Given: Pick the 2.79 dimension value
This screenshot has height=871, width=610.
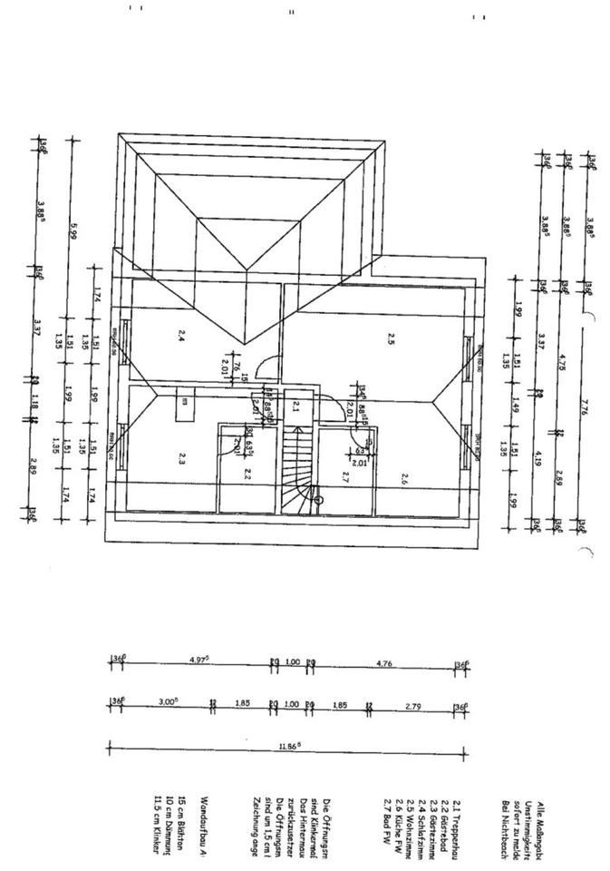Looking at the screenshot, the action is coord(413,704).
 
